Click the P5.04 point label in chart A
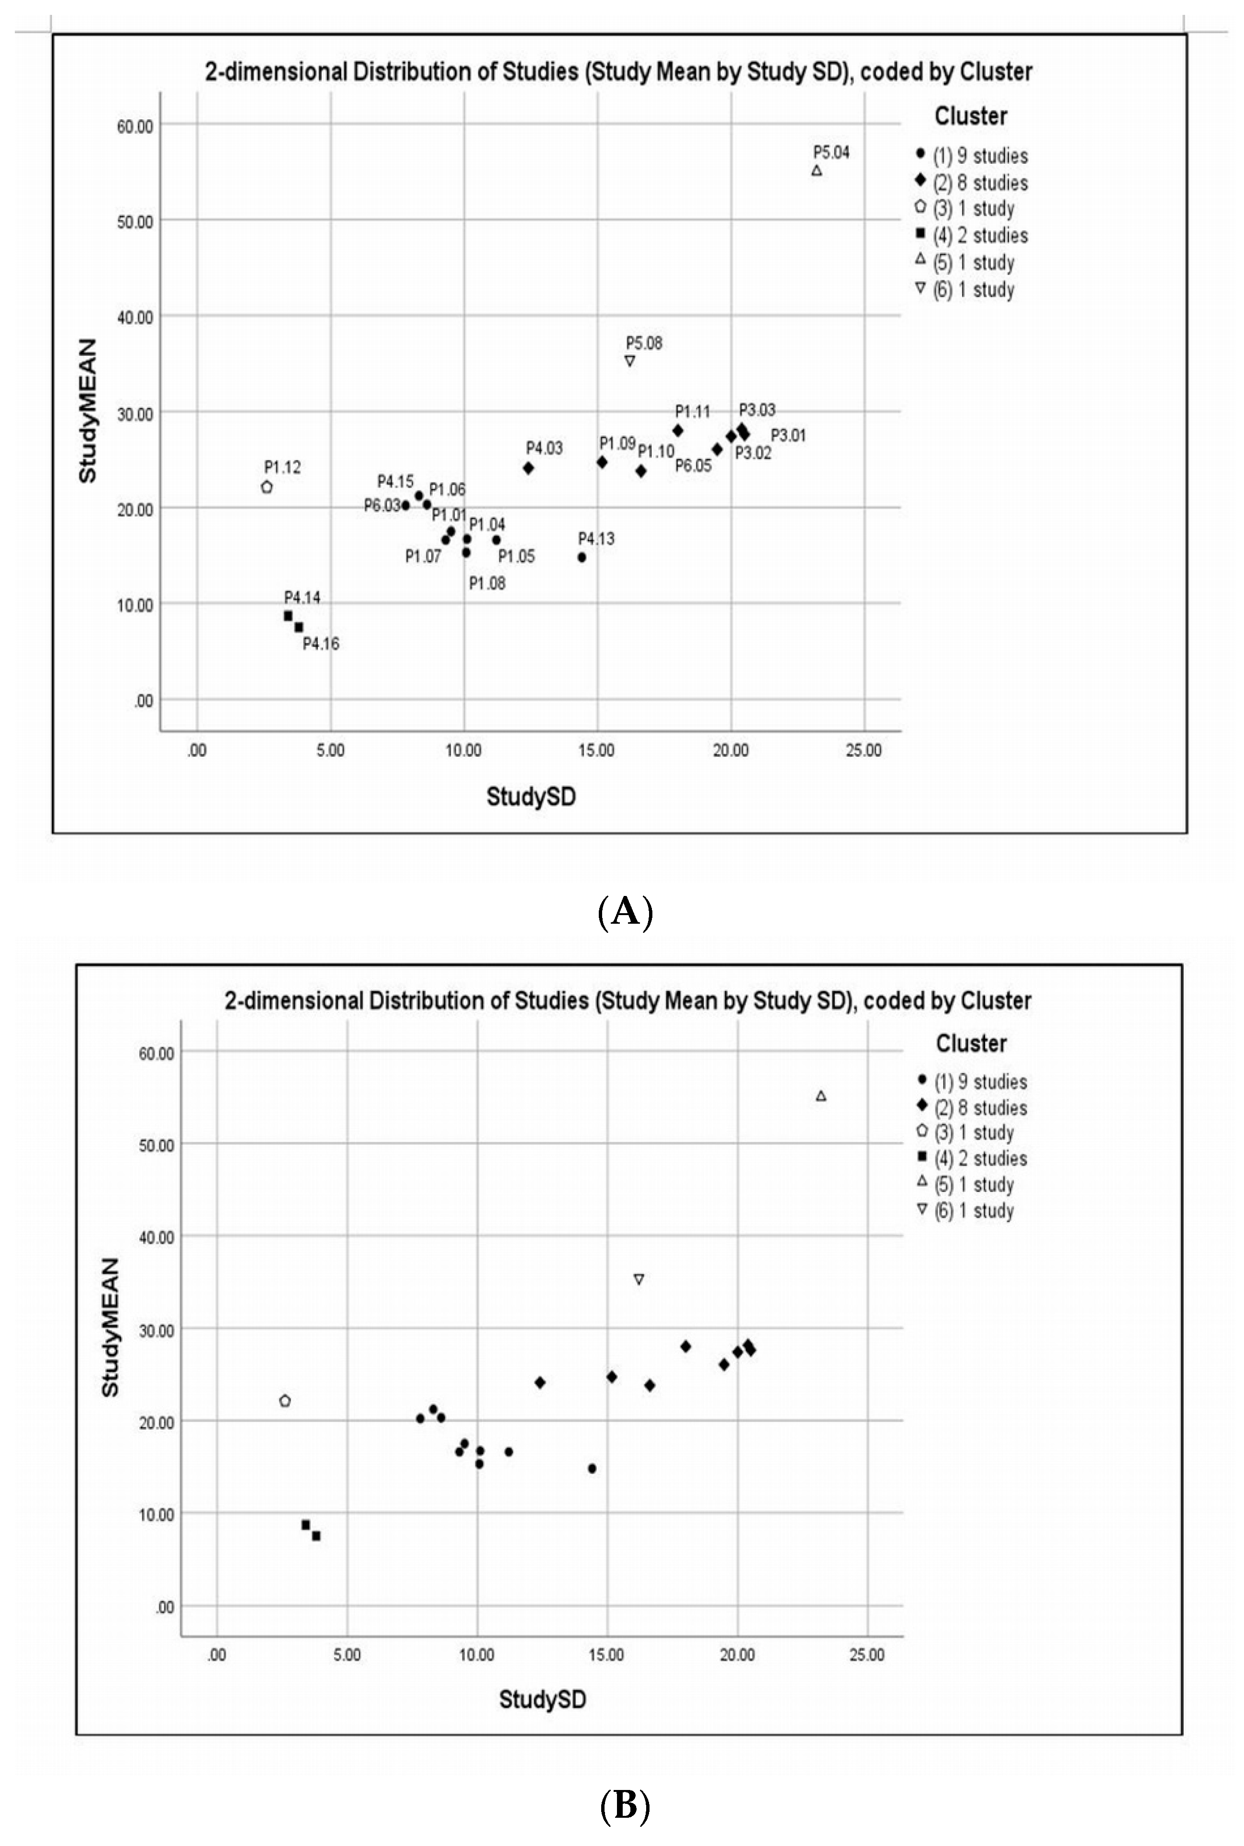point(830,152)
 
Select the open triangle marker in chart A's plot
point(817,170)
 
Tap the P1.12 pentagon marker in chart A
point(267,487)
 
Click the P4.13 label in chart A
point(596,539)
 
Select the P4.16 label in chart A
point(321,644)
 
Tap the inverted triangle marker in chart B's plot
point(639,1280)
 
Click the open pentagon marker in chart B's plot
point(285,1401)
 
